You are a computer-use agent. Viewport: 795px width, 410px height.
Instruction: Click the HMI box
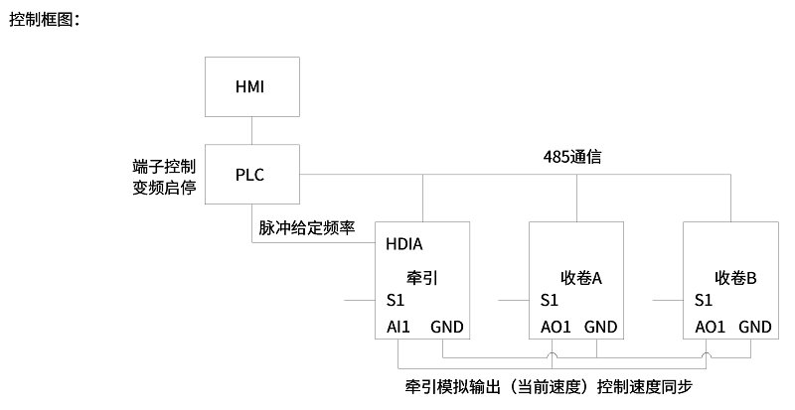coord(250,86)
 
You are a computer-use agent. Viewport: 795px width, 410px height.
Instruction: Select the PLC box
coord(250,175)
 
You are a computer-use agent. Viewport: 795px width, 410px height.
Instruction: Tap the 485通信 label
coord(572,158)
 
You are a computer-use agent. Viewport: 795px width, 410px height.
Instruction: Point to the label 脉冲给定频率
coord(306,227)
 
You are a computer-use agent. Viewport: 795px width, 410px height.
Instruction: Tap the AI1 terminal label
coord(397,327)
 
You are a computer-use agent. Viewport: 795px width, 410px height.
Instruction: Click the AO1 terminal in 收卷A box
coord(556,327)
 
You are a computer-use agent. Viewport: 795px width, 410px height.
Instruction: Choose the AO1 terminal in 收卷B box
coord(710,327)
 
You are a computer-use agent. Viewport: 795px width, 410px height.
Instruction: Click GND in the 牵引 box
coord(446,327)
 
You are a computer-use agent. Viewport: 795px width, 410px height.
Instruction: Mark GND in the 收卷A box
coord(600,327)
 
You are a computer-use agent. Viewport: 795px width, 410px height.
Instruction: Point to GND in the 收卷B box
coord(755,327)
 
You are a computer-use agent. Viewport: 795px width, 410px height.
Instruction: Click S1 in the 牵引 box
coord(396,300)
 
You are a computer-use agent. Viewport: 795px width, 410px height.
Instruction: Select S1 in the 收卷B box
coord(704,300)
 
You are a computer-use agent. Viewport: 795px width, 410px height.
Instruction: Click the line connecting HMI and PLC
coord(250,131)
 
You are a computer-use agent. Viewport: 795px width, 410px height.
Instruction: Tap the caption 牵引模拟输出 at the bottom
coord(446,385)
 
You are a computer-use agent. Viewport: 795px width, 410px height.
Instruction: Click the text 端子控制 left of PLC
coord(164,165)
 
